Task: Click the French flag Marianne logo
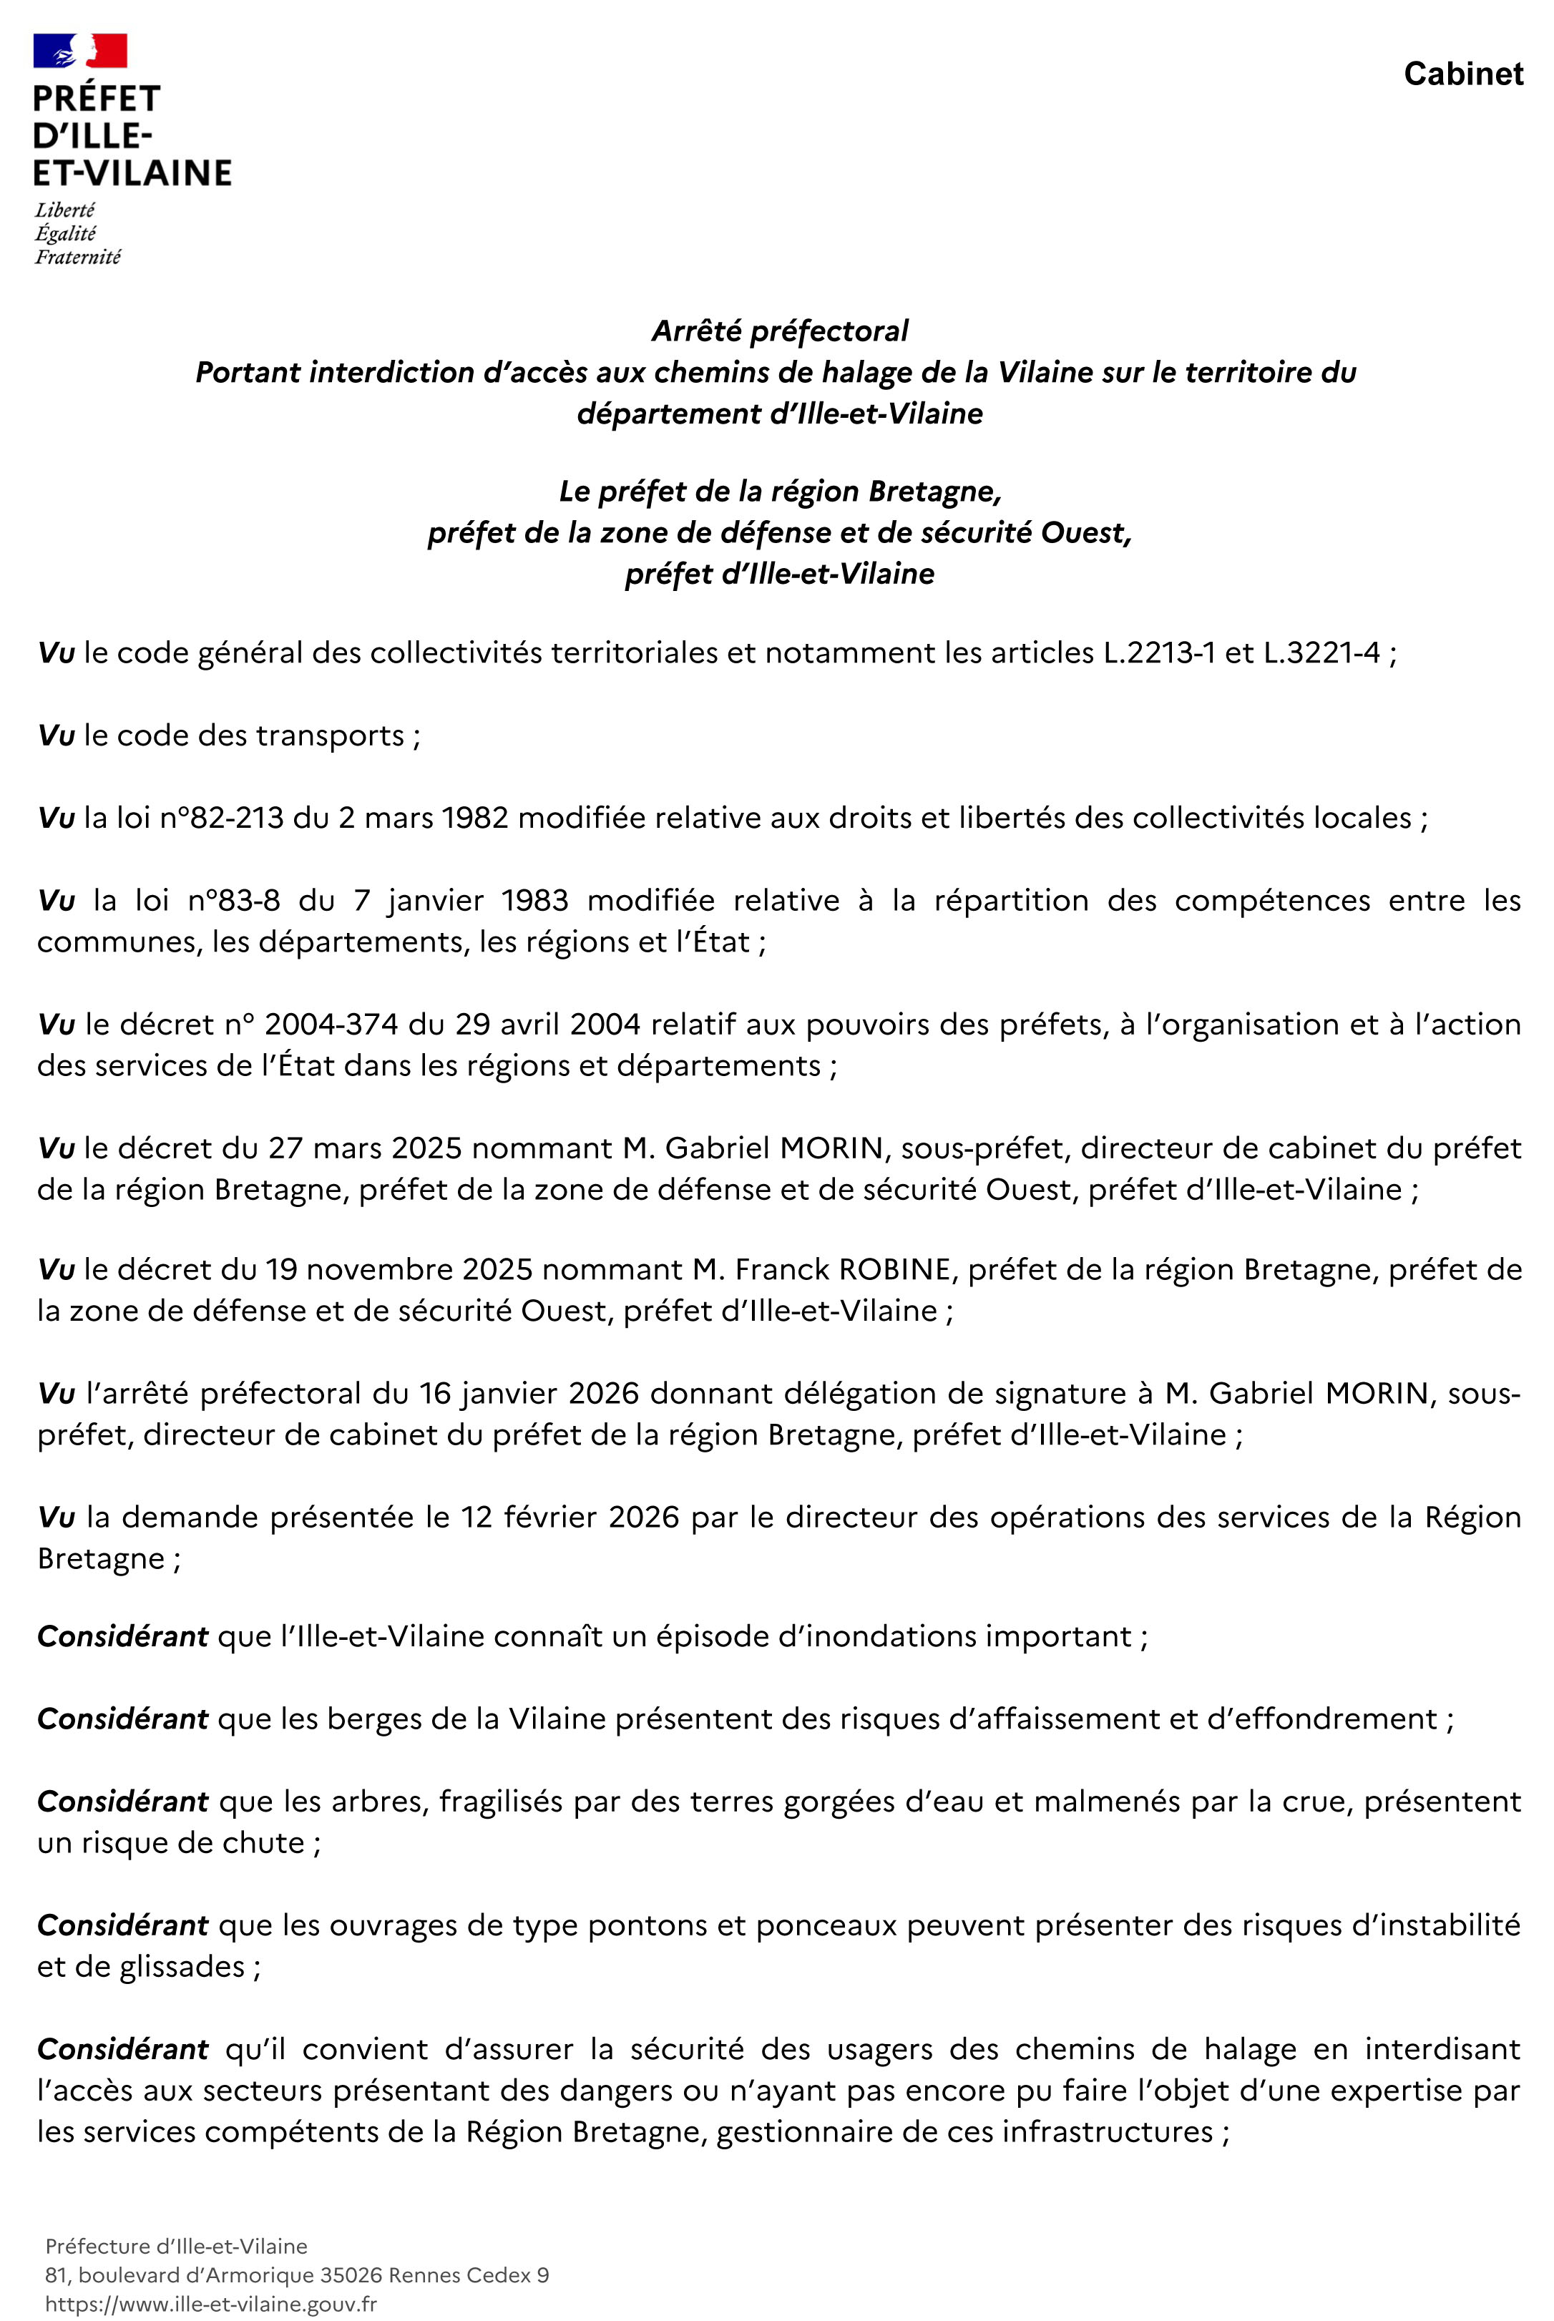tap(80, 51)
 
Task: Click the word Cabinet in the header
tap(1463, 74)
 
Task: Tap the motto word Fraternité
tap(78, 258)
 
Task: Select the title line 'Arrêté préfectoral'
tap(779, 331)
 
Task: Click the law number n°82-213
tap(221, 818)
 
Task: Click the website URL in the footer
tap(211, 2304)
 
